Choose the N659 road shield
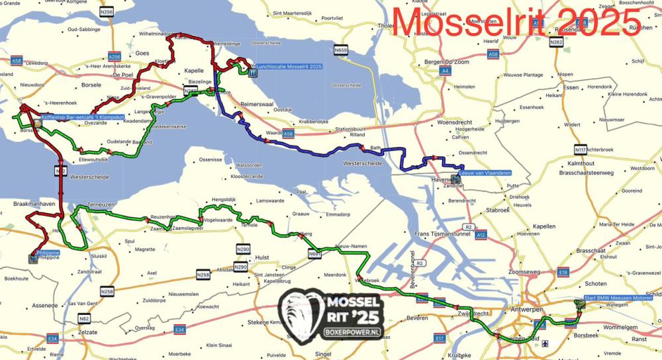point(341,50)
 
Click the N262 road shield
point(556,42)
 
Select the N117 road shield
point(581,148)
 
